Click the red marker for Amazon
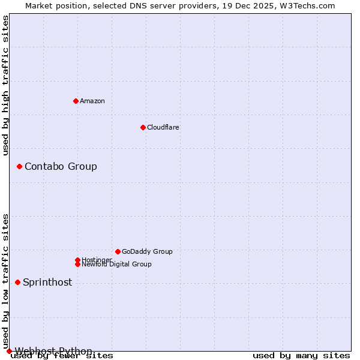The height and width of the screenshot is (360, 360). tap(76, 101)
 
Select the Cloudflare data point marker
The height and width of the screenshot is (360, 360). tap(143, 127)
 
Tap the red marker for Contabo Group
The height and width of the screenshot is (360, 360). tap(19, 166)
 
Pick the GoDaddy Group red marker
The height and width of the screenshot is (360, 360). tap(118, 251)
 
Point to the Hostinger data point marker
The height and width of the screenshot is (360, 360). tap(77, 260)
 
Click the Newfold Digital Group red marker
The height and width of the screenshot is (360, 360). tap(77, 264)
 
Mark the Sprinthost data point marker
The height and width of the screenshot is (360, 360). tap(17, 282)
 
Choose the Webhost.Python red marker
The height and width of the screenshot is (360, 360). tap(9, 351)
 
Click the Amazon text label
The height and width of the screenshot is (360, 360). tap(92, 101)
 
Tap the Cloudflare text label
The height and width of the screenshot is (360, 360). tap(163, 127)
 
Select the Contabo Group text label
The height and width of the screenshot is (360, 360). tap(61, 166)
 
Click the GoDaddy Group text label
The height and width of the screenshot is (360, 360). tap(147, 251)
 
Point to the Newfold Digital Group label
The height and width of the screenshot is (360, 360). tap(116, 264)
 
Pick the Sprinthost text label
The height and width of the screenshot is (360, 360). tap(47, 282)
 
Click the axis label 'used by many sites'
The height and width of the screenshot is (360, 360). tap(301, 355)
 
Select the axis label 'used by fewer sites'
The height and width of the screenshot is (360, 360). tap(62, 355)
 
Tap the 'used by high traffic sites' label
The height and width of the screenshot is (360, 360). tap(6, 85)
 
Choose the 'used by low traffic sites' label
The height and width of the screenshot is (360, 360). tap(6, 281)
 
